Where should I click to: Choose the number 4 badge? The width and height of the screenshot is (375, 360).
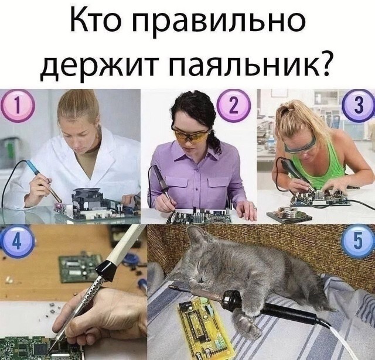[x=17, y=241]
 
